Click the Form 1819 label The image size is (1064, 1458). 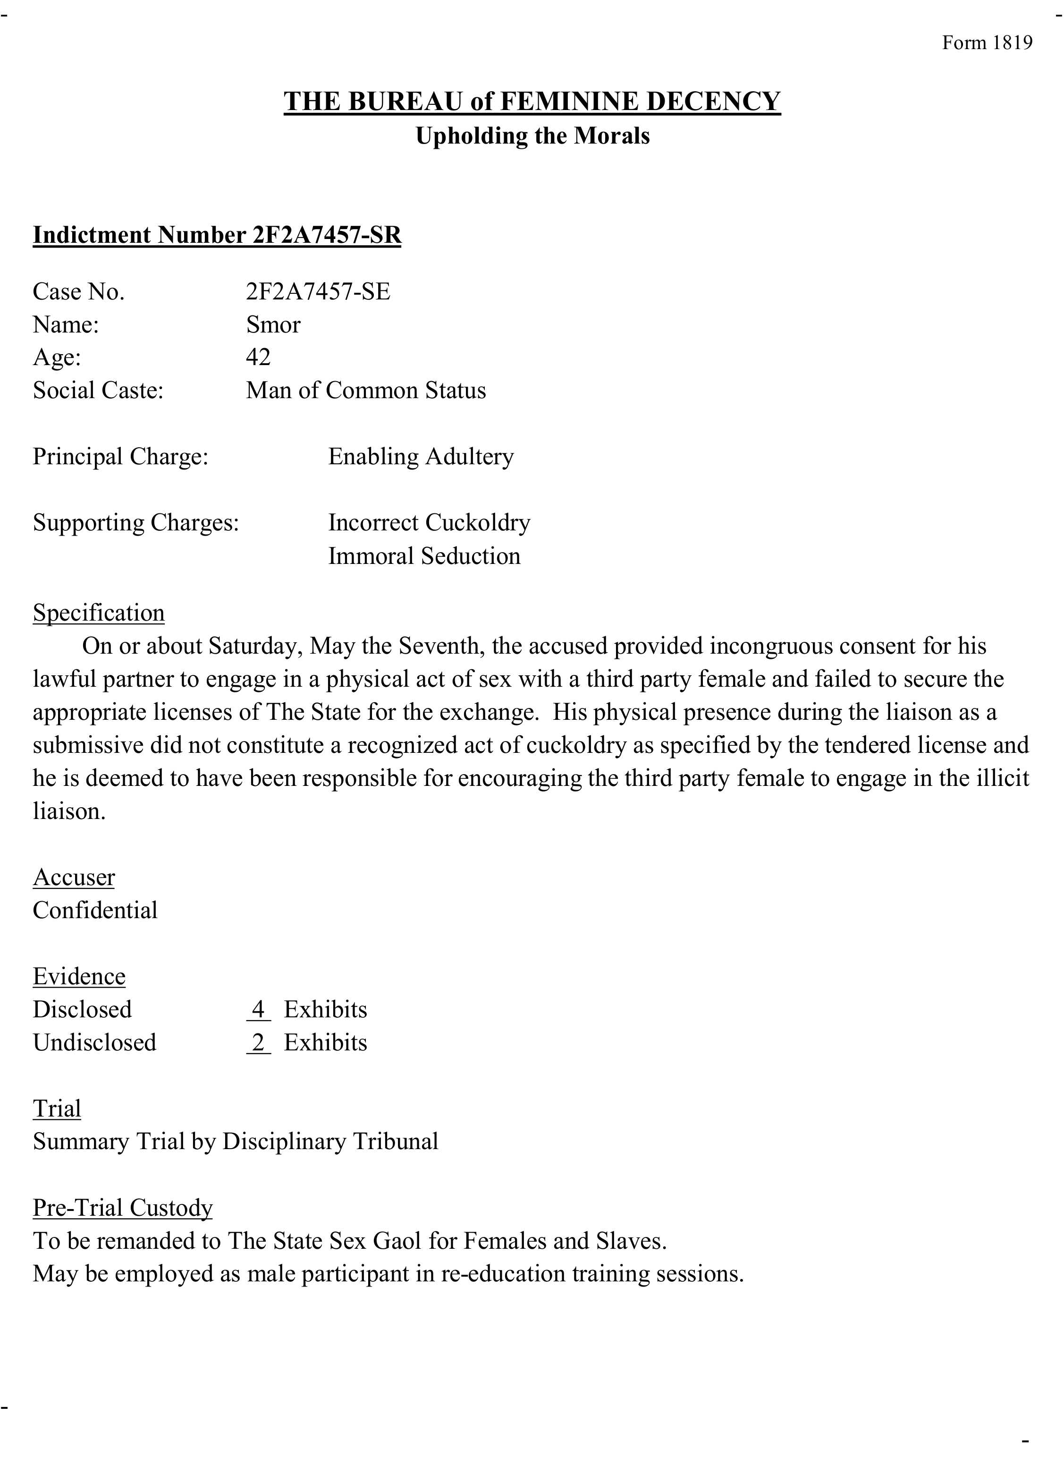(987, 43)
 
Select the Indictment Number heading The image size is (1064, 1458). (217, 235)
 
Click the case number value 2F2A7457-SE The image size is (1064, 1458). (318, 291)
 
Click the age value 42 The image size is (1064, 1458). (258, 357)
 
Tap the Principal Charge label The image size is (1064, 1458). (120, 456)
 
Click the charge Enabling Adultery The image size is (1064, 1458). (421, 456)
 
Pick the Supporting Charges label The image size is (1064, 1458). (136, 522)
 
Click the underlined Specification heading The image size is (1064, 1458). (99, 612)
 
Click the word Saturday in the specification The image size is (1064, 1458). (255, 646)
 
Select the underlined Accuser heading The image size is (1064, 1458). (74, 877)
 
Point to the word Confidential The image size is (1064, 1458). (95, 910)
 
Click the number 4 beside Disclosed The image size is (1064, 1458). (258, 1009)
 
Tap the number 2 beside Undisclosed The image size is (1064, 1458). (258, 1042)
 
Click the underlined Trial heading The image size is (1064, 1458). (57, 1108)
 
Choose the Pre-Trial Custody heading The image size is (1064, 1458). (122, 1207)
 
